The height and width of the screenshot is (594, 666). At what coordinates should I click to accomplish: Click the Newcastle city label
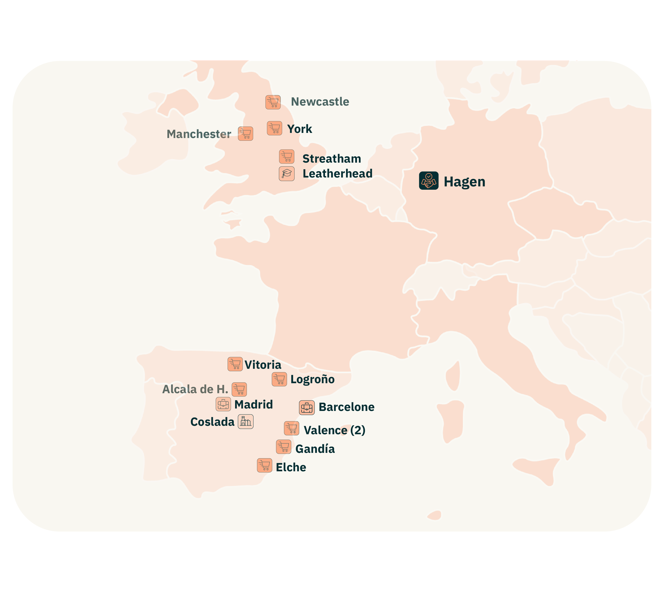(x=320, y=102)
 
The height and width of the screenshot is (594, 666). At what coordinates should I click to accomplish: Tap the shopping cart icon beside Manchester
(x=246, y=134)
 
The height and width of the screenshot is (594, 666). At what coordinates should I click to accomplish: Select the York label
(x=299, y=129)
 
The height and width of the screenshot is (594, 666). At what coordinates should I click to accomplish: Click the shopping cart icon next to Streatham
(x=287, y=157)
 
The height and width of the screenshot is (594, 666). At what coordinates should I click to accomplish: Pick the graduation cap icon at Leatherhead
(x=287, y=174)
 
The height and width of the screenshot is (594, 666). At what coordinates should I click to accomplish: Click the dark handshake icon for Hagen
(x=429, y=180)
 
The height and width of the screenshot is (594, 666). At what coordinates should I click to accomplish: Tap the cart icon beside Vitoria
(x=235, y=364)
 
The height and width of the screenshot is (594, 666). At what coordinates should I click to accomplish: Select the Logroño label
(x=312, y=379)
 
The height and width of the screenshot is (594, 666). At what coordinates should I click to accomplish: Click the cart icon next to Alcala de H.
(x=239, y=389)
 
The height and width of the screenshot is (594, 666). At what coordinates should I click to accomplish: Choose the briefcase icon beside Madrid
(x=223, y=404)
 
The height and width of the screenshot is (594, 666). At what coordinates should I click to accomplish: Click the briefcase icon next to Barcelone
(x=307, y=408)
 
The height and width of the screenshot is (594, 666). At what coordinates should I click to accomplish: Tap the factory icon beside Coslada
(x=246, y=422)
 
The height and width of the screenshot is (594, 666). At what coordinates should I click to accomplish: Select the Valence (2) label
(x=334, y=430)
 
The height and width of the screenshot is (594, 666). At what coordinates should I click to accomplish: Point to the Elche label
(x=291, y=467)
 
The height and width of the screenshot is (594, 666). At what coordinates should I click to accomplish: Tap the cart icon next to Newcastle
(x=273, y=102)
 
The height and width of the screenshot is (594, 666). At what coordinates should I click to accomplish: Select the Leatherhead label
(x=337, y=174)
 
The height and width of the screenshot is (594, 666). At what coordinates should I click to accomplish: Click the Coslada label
(x=212, y=422)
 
